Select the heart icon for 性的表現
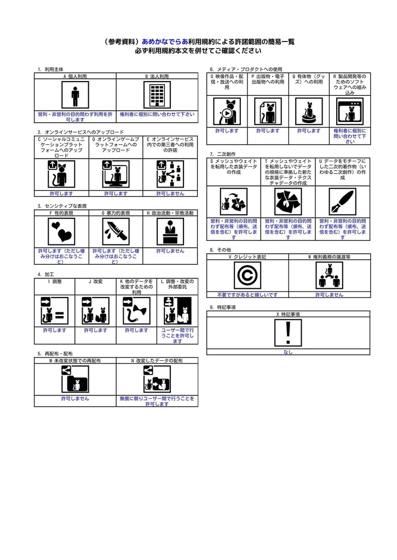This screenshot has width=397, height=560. click(x=61, y=231)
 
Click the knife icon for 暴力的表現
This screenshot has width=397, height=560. click(x=116, y=231)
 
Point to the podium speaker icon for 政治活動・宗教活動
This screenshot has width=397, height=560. click(x=170, y=231)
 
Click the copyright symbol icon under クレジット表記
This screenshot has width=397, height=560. click(x=247, y=275)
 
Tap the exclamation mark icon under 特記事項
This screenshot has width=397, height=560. click(x=288, y=332)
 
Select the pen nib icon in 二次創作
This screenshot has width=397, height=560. click(x=342, y=202)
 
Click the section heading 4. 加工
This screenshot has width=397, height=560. click(x=45, y=274)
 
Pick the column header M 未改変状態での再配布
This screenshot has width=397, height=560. click(x=75, y=361)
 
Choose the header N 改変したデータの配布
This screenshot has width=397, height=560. click(x=157, y=361)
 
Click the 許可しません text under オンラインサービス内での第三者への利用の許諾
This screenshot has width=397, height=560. click(x=170, y=194)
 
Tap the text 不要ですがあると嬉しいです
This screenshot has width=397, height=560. click(x=247, y=295)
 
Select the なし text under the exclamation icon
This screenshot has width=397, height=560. click(x=288, y=352)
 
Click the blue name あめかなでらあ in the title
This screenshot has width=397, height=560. click(x=165, y=42)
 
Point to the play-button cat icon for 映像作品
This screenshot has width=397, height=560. click(x=227, y=112)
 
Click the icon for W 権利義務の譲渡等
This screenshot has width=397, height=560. click(x=329, y=275)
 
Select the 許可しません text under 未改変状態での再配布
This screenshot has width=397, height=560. click(x=75, y=399)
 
